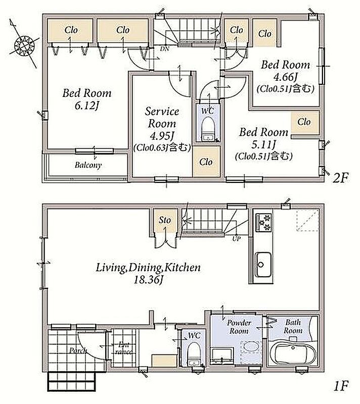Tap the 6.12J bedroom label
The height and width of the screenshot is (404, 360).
point(87,99)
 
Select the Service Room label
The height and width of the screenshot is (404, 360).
point(162,117)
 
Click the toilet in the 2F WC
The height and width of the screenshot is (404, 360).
point(208,129)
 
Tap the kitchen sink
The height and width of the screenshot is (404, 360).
point(263,264)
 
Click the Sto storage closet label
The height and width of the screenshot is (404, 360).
point(165,220)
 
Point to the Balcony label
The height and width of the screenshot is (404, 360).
point(88,165)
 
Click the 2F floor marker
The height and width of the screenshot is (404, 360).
point(341,178)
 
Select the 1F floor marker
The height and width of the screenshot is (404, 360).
point(341,386)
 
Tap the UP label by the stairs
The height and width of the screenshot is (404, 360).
point(236,238)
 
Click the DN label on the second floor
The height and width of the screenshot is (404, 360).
point(164,48)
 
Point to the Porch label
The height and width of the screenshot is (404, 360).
point(78,350)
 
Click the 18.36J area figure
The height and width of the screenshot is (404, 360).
point(148,280)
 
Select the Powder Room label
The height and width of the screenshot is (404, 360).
point(239,327)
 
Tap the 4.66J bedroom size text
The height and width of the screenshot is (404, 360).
point(285,77)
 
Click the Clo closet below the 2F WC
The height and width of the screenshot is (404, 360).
point(206,162)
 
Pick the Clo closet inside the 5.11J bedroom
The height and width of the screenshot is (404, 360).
point(304,122)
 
